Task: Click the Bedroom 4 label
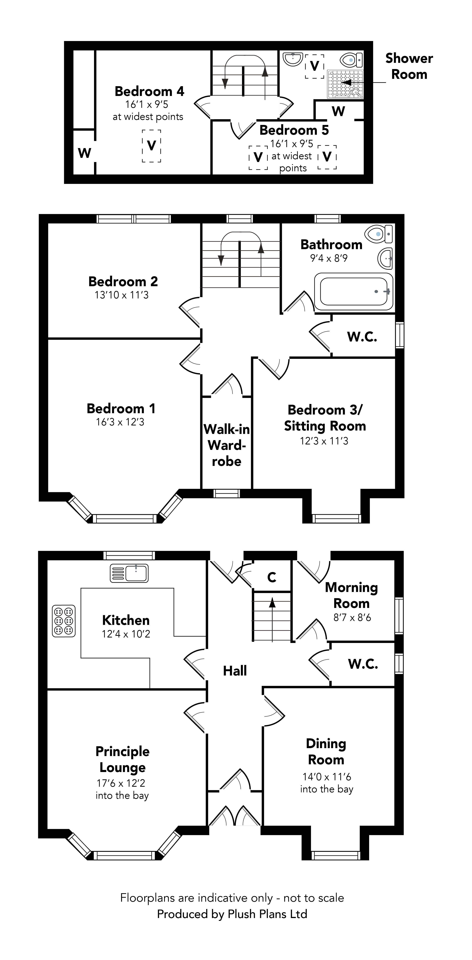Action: (149, 91)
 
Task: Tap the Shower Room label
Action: (409, 66)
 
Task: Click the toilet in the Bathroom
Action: (379, 234)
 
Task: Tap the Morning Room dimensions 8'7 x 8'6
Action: (352, 618)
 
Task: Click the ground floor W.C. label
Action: (363, 664)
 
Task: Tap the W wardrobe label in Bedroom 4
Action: (85, 153)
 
